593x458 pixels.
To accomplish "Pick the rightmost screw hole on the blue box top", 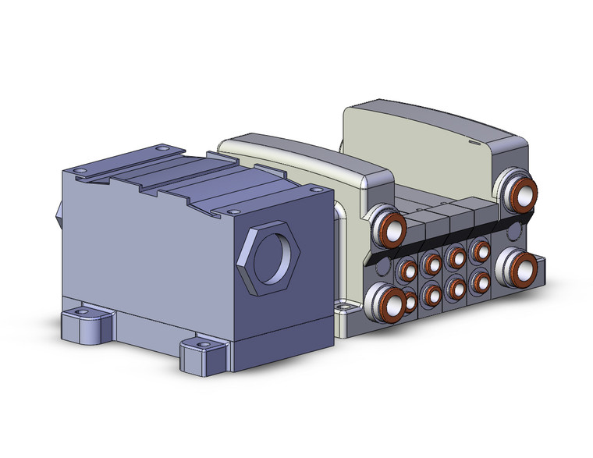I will coord(314,188).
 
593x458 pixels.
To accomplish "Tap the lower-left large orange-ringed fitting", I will coord(385,305).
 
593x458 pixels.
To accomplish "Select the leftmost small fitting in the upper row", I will coord(406,271).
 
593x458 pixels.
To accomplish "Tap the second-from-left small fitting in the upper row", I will coord(430,264).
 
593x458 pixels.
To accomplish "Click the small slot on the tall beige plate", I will coord(473,144).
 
